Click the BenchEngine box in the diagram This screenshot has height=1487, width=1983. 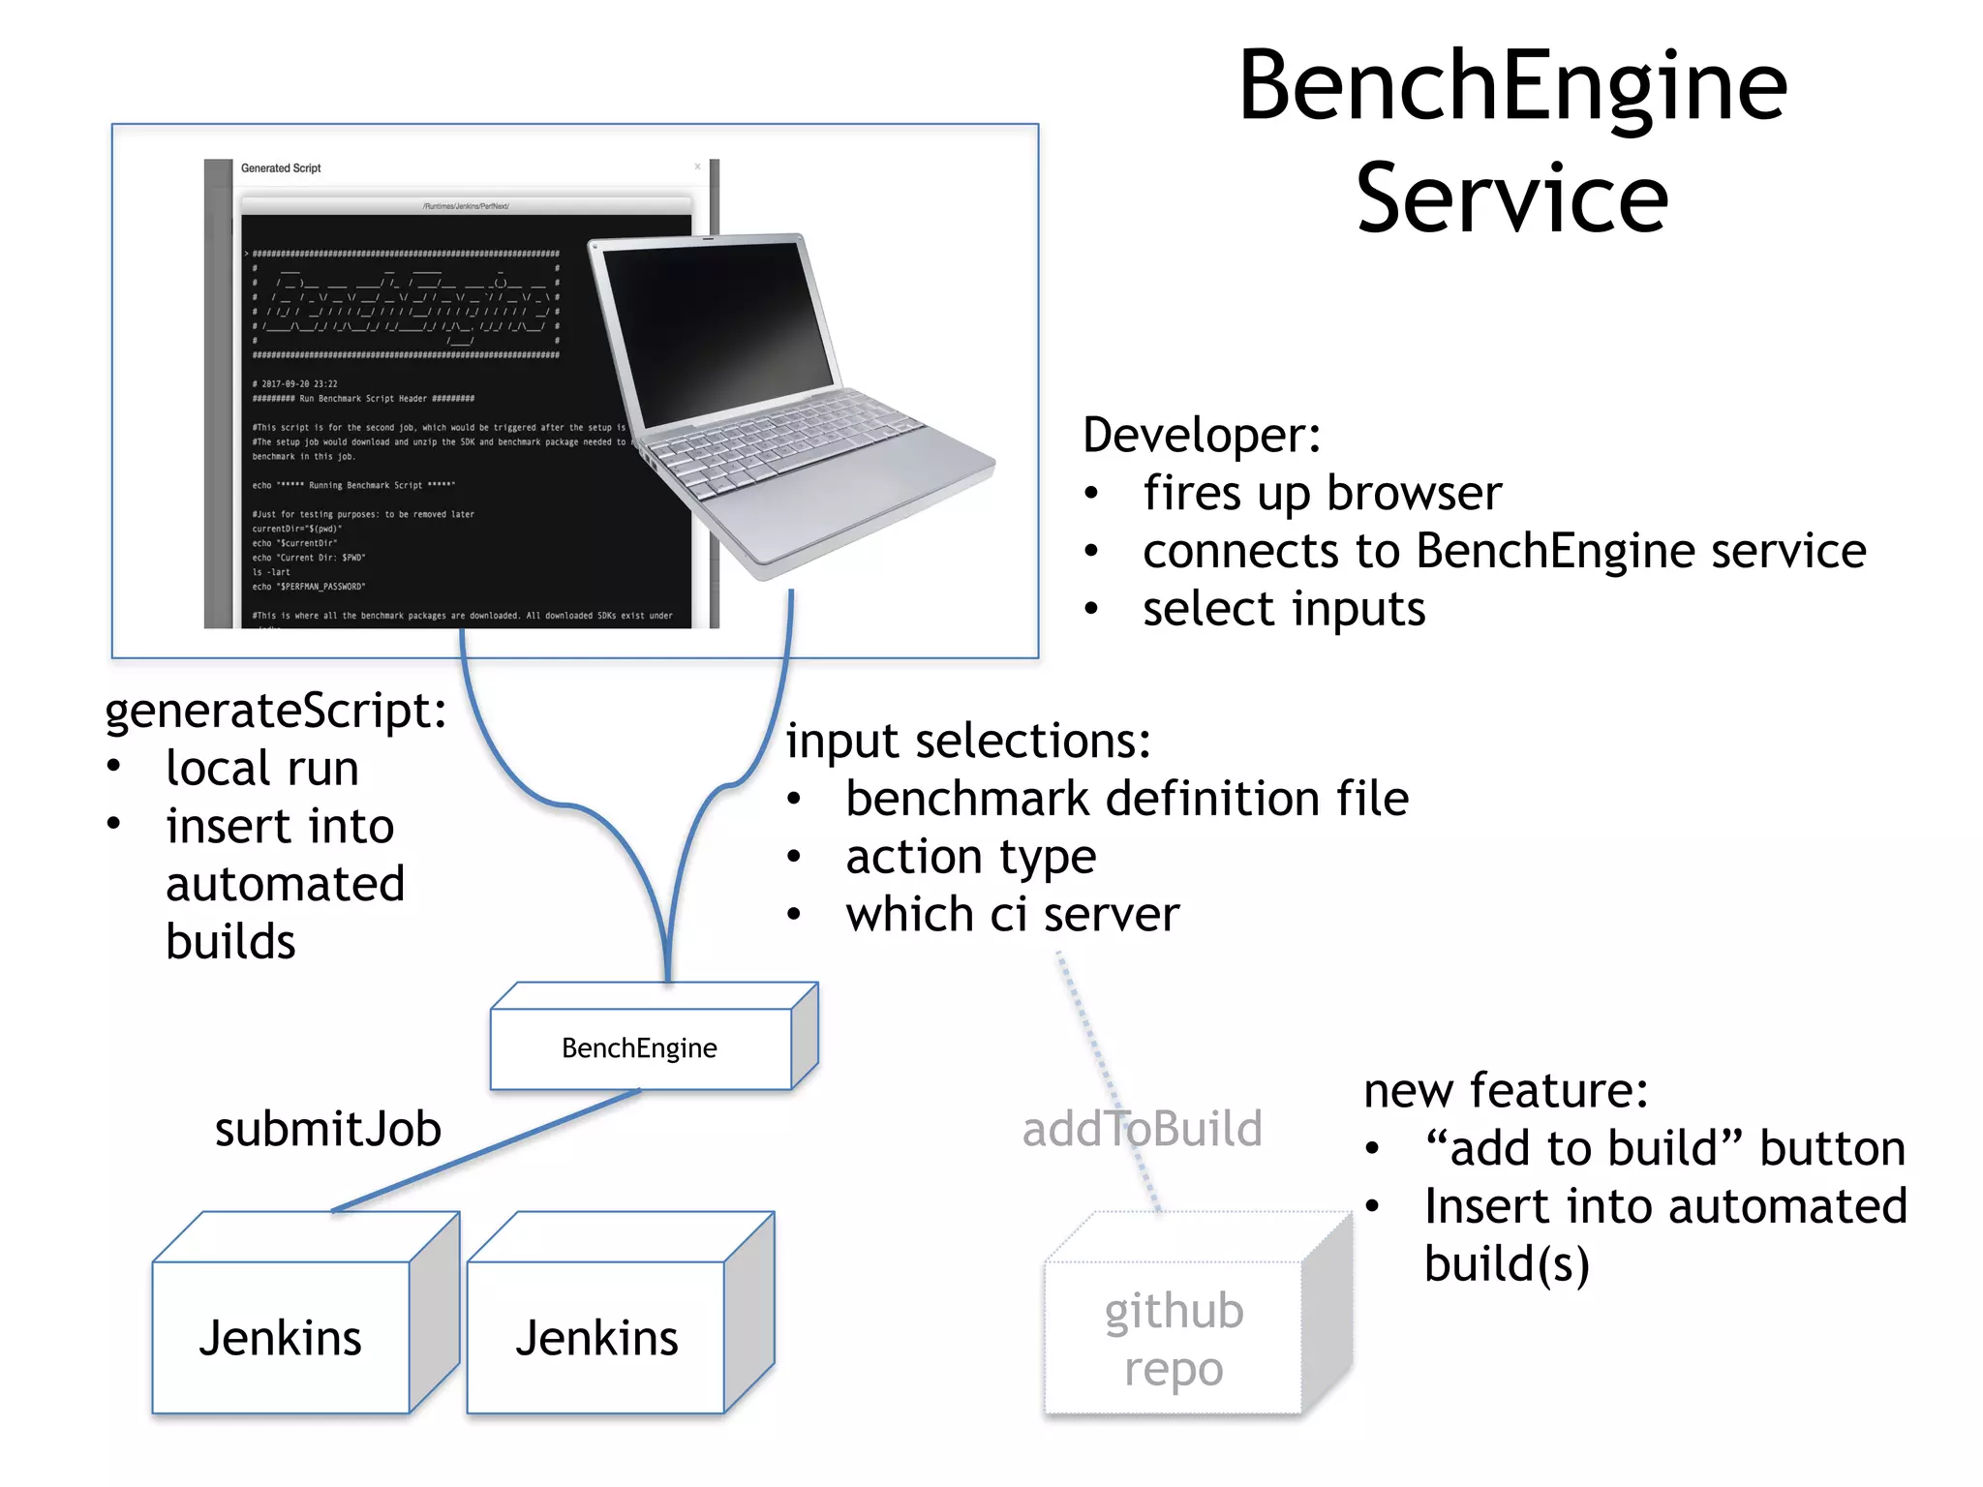coord(640,1048)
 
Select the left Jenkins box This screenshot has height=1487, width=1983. coord(281,1338)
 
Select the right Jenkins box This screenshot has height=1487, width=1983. coord(596,1338)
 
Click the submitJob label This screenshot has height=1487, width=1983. coord(327,1130)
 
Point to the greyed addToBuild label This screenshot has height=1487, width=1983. coord(1142,1130)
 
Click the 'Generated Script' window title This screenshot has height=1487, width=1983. coord(281,168)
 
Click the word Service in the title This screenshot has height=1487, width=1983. coord(1511,199)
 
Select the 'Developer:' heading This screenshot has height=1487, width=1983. coord(1202,435)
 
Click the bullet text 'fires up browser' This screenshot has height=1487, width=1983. coord(1322,493)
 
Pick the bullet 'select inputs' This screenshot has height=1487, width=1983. coord(1283,609)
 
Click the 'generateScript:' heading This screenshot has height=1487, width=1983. coord(276,711)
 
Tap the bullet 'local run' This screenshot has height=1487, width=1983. coord(261,769)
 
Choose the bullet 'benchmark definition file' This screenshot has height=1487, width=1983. coord(1126,800)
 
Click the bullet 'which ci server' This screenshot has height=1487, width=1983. coord(1012,915)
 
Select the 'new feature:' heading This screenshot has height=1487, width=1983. coord(1506,1091)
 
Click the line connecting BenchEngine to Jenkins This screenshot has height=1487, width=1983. coord(484,1151)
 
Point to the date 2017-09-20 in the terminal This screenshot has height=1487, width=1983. coord(299,384)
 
